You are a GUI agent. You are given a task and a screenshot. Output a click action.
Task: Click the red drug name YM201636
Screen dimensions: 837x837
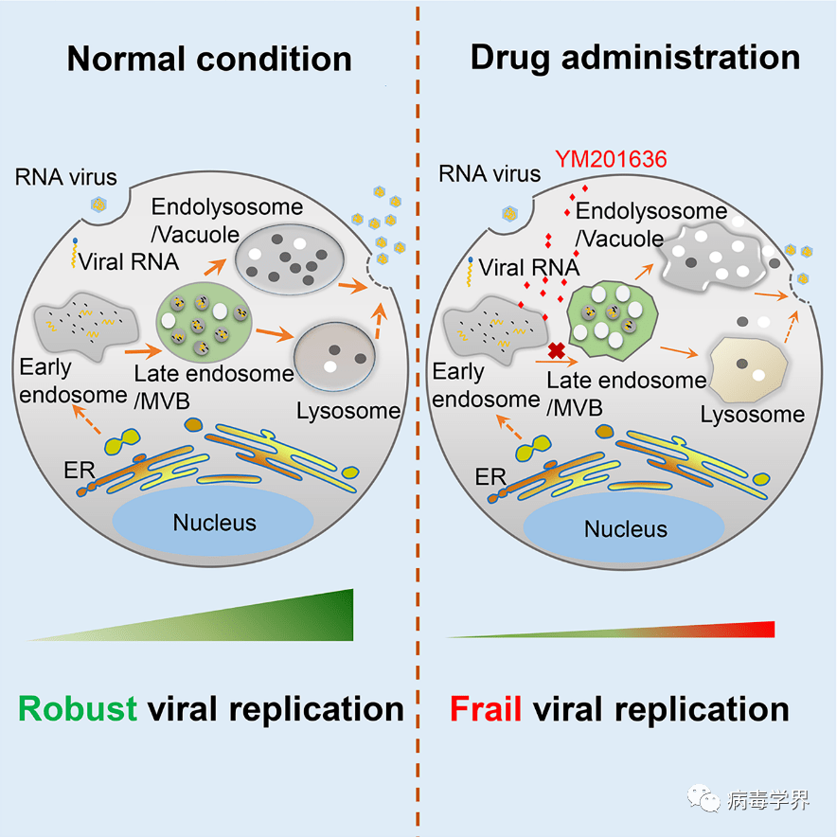[x=611, y=159]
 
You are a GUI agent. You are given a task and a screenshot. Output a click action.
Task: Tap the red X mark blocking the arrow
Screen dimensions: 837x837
[x=557, y=350]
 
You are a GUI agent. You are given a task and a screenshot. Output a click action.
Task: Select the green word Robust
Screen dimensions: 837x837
[x=78, y=709]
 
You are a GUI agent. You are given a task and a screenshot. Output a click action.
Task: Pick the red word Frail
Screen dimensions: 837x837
[x=485, y=709]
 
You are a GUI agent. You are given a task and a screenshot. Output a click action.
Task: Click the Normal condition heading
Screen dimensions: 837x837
[x=209, y=59]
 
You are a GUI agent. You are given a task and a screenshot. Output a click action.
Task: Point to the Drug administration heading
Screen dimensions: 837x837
[x=635, y=58]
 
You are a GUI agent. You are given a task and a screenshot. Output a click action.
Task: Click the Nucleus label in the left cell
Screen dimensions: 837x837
[x=215, y=523]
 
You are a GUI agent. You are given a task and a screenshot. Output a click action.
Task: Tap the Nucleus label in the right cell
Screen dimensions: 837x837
[x=626, y=529]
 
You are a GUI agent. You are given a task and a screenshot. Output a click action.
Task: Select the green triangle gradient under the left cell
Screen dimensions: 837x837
[x=240, y=622]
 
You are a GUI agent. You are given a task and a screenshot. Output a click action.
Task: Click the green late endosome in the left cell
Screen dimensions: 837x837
[x=204, y=321]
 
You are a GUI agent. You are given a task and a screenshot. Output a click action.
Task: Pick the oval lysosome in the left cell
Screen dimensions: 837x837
[x=334, y=356]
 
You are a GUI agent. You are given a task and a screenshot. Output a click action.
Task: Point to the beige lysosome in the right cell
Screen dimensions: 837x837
[x=748, y=369]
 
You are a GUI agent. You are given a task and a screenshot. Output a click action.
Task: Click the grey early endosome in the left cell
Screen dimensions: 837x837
[x=85, y=325]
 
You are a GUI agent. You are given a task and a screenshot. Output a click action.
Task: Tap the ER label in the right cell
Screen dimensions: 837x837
[x=490, y=476]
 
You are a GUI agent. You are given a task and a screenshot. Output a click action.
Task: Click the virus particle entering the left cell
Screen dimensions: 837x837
[x=98, y=204]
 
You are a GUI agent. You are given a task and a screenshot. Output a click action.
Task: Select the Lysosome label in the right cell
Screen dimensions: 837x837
[x=753, y=414]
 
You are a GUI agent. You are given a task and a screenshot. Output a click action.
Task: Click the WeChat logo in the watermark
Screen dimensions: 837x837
[x=703, y=798]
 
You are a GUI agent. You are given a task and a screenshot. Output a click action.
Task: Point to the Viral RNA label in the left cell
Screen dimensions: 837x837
[x=128, y=261]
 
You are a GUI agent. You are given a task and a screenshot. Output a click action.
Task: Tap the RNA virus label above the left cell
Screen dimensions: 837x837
[x=65, y=177]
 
